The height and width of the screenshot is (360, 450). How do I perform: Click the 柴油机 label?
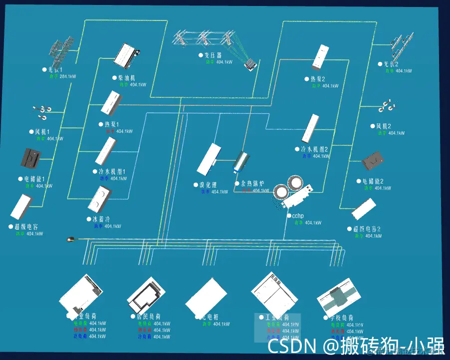click(127, 78)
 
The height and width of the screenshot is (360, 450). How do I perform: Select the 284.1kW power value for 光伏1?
click(68, 76)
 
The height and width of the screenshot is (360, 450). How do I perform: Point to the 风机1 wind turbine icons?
click(42, 112)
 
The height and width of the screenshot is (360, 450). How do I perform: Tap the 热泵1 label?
click(112, 124)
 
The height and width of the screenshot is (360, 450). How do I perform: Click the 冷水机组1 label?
click(112, 171)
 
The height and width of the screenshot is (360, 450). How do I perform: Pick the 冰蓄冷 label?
click(104, 219)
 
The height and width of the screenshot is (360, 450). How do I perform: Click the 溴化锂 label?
click(209, 185)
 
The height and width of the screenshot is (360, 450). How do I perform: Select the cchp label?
click(298, 216)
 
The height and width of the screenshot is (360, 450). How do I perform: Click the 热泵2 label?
click(318, 79)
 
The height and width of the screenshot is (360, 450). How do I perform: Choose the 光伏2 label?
click(391, 64)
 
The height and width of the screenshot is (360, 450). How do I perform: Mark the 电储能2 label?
click(373, 181)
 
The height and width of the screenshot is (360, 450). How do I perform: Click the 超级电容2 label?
click(367, 229)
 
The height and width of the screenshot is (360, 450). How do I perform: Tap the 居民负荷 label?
click(149, 317)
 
